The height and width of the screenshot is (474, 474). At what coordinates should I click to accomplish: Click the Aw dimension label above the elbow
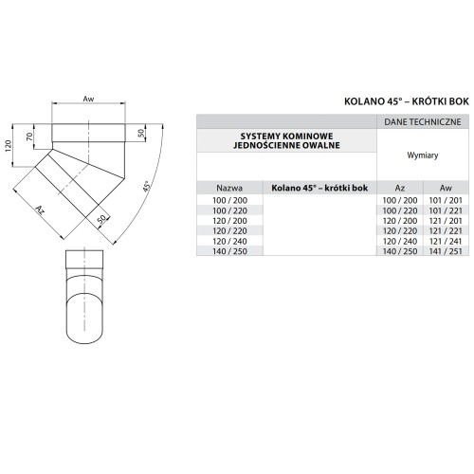tap(88, 99)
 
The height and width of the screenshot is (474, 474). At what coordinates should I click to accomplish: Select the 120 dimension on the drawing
tap(9, 146)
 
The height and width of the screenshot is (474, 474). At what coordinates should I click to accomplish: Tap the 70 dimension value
tap(29, 137)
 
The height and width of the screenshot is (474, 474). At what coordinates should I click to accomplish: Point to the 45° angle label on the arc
tap(146, 186)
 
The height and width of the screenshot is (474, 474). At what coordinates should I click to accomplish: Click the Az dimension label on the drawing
tap(39, 210)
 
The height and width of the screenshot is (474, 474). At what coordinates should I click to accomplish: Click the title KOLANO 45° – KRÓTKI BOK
tap(407, 101)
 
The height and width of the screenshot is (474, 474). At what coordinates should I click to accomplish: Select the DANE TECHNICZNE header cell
tap(423, 122)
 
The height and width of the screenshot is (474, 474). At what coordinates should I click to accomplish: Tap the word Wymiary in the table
tap(423, 155)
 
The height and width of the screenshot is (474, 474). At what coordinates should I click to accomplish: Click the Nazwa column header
tap(229, 189)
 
